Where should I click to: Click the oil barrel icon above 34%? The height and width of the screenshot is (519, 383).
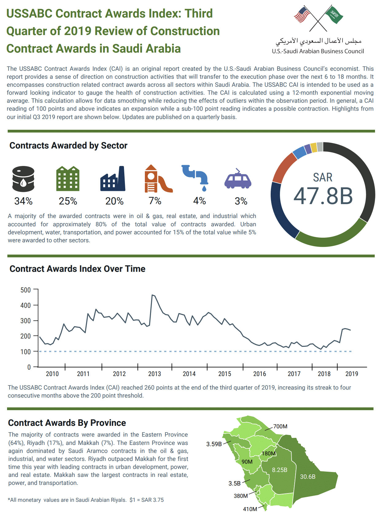click(23, 179)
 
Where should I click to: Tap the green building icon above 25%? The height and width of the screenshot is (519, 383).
click(68, 179)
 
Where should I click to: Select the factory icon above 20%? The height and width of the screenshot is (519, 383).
click(113, 179)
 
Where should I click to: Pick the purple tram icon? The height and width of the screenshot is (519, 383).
click(238, 179)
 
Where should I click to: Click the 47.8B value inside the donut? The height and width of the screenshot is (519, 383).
click(323, 196)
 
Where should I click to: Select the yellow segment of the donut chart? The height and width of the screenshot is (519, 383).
click(314, 148)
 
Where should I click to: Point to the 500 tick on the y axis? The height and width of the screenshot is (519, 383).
click(26, 290)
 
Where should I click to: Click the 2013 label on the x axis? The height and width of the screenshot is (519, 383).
click(154, 374)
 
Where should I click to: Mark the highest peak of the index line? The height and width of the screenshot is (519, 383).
click(153, 295)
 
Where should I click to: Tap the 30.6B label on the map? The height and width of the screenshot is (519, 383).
click(308, 477)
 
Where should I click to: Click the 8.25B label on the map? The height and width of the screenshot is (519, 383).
click(280, 470)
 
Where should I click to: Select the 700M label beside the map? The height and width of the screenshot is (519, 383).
click(280, 426)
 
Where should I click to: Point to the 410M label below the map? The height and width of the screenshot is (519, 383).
click(250, 509)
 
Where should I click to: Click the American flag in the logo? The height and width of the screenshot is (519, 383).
click(302, 15)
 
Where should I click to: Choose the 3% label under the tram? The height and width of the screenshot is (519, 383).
click(241, 201)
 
